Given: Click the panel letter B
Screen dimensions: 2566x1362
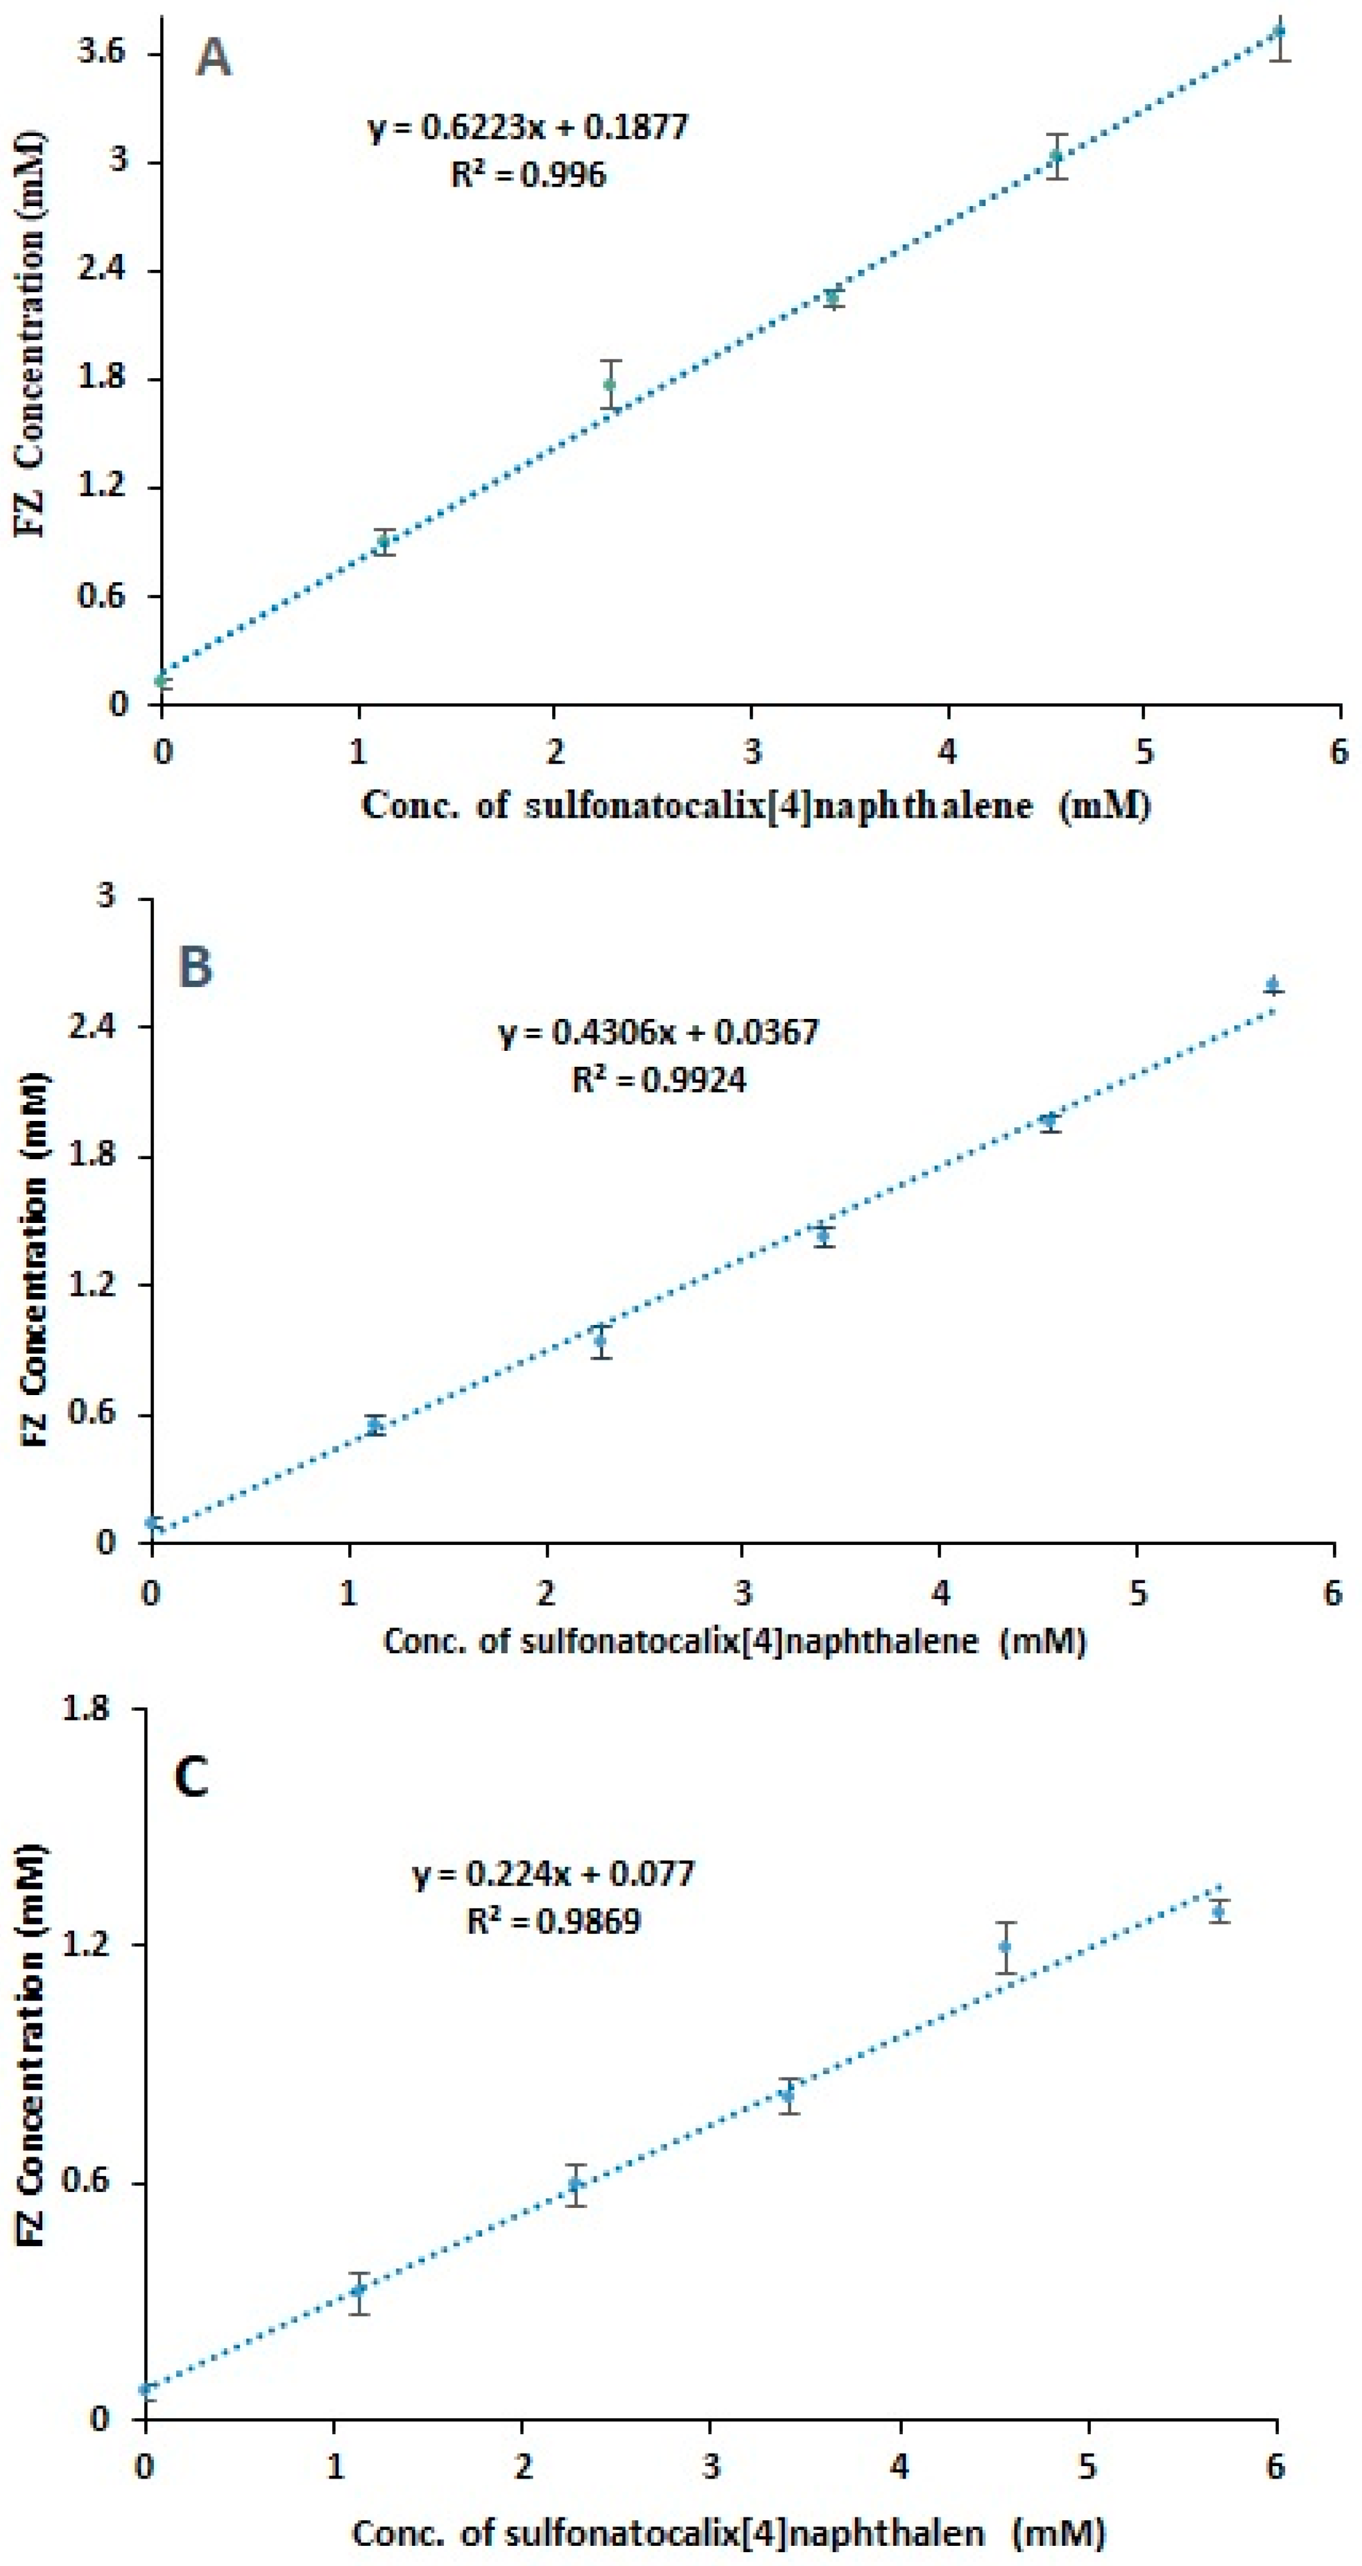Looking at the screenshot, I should point(195,965).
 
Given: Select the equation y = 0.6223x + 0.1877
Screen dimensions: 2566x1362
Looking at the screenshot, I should point(529,128).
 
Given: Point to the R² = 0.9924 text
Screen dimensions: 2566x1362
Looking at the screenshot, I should point(659,1080).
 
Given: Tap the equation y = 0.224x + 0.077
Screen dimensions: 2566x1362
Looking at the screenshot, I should point(554,1874).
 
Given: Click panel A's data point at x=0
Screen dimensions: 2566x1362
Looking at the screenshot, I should point(161,680).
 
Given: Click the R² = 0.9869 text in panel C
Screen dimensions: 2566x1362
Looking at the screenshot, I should point(554,1921).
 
